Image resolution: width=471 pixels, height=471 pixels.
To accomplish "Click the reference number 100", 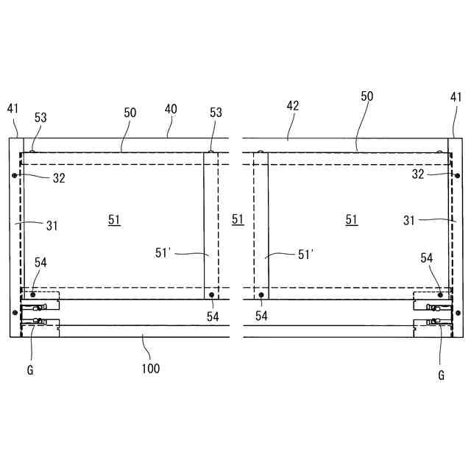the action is [150, 369].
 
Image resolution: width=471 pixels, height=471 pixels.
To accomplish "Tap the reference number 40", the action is [171, 109].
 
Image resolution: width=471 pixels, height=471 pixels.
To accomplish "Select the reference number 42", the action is [293, 106].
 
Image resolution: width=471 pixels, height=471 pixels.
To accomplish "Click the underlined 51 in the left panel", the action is [114, 220].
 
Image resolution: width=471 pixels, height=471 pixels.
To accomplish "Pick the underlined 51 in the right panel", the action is [352, 219].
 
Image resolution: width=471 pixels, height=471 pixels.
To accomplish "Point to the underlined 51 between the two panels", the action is [238, 219].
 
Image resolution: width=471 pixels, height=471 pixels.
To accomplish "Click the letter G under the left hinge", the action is [30, 370].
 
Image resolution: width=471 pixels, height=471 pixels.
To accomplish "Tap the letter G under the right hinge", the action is [442, 375].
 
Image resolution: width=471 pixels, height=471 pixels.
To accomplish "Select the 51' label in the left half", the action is [163, 253].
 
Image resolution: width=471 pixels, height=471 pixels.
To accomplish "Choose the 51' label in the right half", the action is [306, 255].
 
